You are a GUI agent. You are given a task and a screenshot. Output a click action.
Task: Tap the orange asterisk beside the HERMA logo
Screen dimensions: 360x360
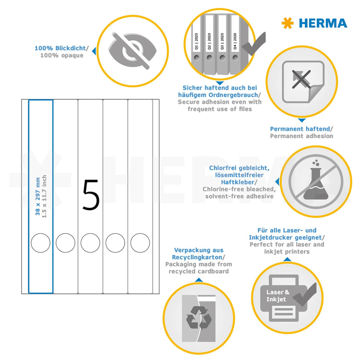287,23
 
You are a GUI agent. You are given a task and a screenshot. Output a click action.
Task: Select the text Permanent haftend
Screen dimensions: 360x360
300,129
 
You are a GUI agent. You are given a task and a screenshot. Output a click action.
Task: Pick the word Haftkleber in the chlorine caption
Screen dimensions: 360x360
239,182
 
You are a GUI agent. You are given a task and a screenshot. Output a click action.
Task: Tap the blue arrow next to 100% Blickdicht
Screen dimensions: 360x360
94,50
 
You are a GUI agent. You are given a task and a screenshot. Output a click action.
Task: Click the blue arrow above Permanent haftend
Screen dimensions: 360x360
301,120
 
